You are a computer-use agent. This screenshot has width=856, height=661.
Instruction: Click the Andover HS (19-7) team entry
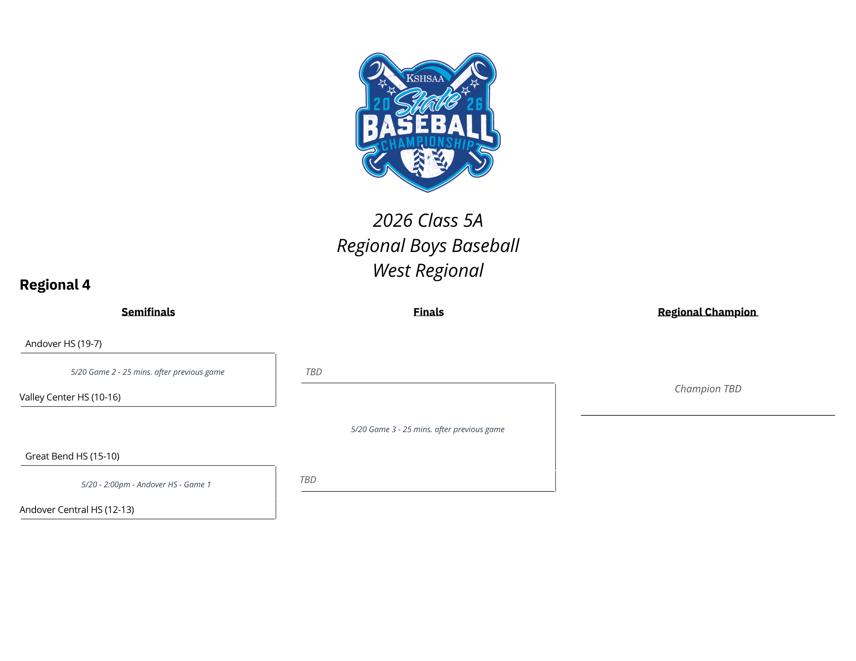[63, 344]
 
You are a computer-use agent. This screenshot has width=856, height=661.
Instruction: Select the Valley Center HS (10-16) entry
[70, 397]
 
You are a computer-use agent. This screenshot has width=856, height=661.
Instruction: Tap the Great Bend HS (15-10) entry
[72, 456]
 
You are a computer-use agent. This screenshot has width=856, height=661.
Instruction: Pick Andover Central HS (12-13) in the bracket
[77, 510]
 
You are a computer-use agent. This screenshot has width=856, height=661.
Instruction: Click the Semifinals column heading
[148, 312]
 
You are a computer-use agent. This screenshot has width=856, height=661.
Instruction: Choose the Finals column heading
[429, 312]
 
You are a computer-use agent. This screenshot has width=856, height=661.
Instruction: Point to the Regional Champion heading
[708, 312]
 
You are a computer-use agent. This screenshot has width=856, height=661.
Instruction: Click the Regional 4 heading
[55, 285]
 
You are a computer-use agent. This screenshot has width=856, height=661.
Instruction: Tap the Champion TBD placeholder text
[708, 389]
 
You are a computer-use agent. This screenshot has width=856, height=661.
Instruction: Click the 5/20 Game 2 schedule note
[148, 372]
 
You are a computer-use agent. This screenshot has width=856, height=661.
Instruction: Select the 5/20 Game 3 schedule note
[428, 430]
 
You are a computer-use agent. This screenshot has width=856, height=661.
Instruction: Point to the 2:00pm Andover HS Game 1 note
[146, 485]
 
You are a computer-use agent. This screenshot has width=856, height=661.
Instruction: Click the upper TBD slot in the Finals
[314, 372]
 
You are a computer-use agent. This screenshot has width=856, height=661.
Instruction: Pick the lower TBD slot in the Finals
[308, 480]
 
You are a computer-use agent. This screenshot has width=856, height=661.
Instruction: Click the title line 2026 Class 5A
[428, 221]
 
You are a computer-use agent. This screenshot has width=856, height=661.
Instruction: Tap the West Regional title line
[428, 271]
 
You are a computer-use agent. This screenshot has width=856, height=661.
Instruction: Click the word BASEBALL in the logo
[427, 127]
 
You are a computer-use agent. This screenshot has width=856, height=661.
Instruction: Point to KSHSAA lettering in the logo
[425, 78]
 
